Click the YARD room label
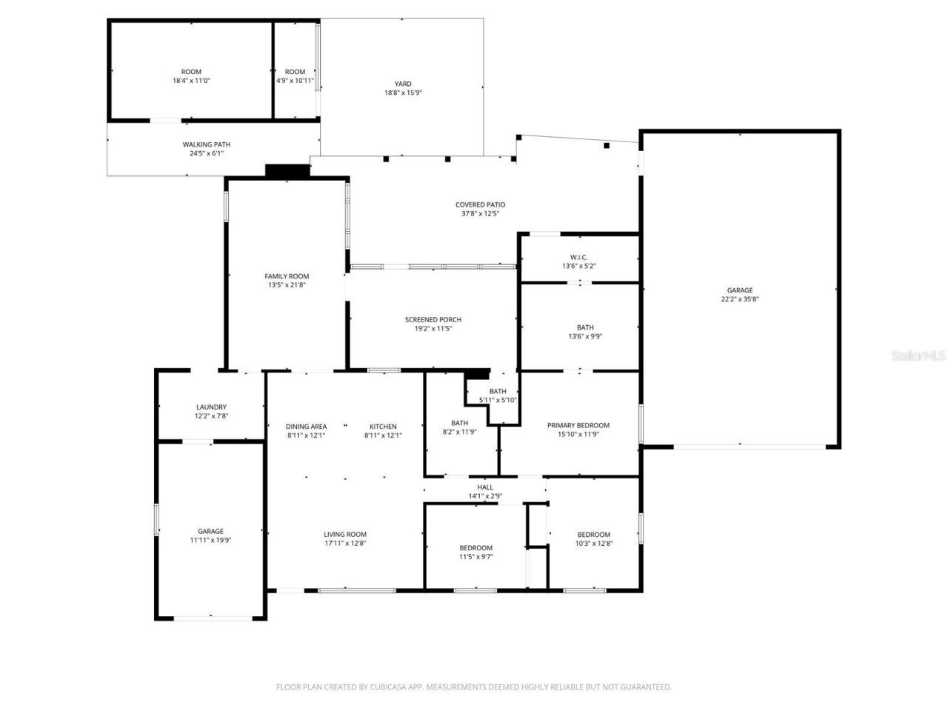click(x=403, y=84)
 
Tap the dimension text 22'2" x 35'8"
click(x=740, y=300)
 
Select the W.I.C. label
click(x=579, y=257)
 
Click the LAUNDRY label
click(x=211, y=407)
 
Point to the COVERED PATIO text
click(x=480, y=205)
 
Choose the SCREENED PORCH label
click(x=433, y=320)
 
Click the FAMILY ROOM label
click(x=287, y=276)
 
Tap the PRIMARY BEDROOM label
click(x=578, y=426)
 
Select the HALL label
click(x=485, y=487)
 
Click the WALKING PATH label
click(x=207, y=145)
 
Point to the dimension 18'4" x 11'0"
click(x=192, y=81)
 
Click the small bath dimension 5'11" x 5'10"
click(x=498, y=400)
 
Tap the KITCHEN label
click(x=383, y=427)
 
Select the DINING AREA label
click(x=306, y=427)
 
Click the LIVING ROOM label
click(x=345, y=535)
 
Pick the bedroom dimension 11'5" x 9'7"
click(x=475, y=557)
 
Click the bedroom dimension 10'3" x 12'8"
click(x=594, y=544)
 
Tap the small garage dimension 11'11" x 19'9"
click(x=210, y=541)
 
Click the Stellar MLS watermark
click(x=918, y=356)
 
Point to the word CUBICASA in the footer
click(x=390, y=687)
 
